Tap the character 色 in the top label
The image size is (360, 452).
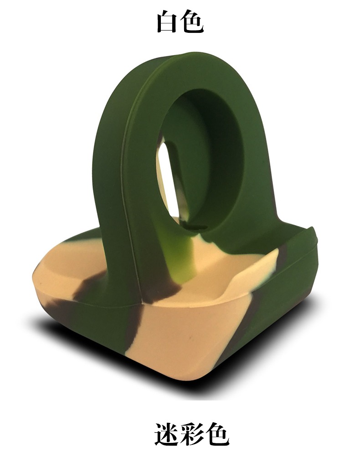(x=193, y=22)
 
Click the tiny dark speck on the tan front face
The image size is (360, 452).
(x=190, y=337)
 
